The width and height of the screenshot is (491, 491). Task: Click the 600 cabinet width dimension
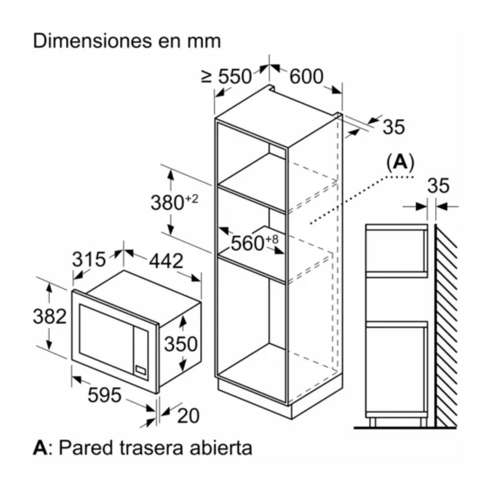point(306,76)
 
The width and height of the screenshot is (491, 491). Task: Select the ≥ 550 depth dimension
point(226,76)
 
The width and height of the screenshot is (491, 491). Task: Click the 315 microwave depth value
point(89,259)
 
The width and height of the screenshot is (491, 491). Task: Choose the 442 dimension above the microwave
point(166,261)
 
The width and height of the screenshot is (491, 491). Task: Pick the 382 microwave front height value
point(50,316)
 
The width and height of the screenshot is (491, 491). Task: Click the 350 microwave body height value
point(181,344)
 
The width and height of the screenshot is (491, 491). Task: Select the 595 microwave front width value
point(104,395)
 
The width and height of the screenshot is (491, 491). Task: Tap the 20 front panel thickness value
point(188,416)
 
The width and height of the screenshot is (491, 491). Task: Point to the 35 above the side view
point(438,186)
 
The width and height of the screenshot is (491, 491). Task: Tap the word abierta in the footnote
point(221,448)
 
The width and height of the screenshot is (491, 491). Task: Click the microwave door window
point(106,339)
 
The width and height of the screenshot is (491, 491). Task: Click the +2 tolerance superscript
point(191,199)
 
